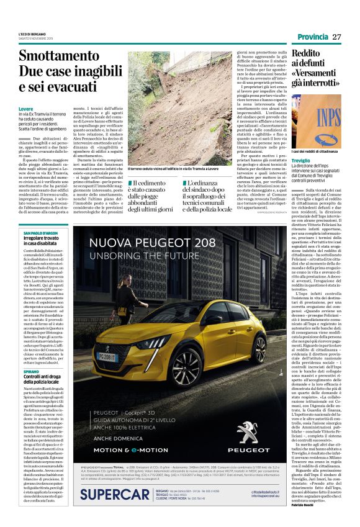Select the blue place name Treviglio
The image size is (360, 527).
click(301, 161)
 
